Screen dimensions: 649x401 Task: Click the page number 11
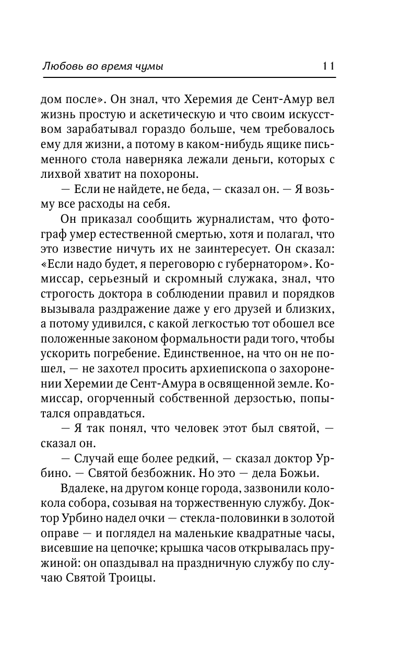tap(328, 66)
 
